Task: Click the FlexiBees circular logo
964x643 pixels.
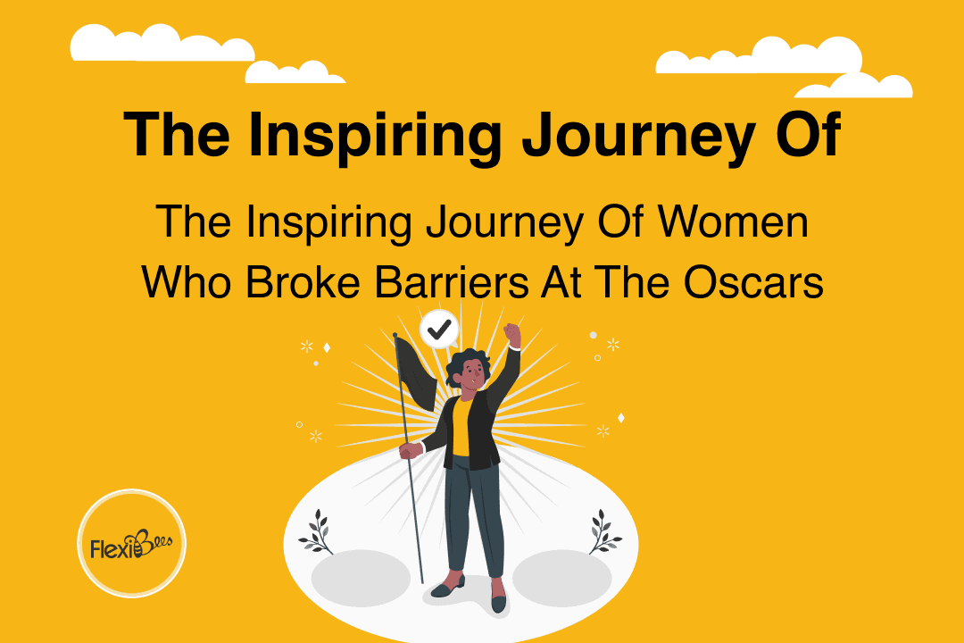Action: coord(132,542)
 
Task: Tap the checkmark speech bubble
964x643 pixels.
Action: coord(438,330)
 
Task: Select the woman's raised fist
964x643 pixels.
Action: coord(511,333)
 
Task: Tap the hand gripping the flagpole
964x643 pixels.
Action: coord(410,451)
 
